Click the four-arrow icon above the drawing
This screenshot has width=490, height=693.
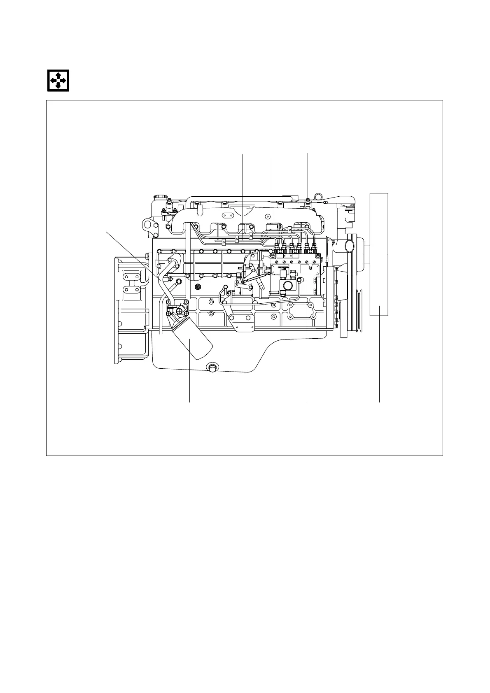(x=57, y=80)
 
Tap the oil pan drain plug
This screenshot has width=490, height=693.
(x=212, y=367)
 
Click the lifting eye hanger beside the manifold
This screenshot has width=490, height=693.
(x=147, y=226)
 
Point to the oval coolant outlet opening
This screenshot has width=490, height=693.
(x=350, y=246)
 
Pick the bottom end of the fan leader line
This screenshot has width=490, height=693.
(x=379, y=402)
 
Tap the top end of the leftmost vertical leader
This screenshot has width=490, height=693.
(x=243, y=154)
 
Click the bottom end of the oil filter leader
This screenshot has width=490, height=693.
(x=189, y=402)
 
